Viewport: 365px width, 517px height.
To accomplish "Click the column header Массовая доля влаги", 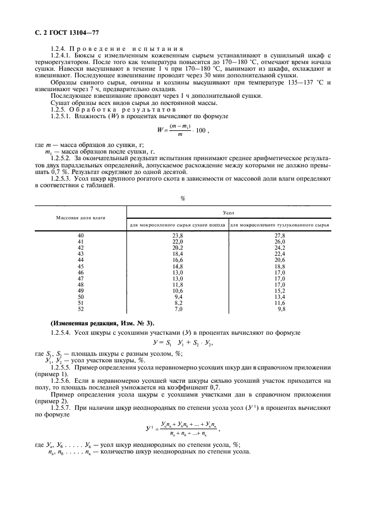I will click(81, 218).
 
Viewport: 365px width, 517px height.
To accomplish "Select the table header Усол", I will click(229, 212).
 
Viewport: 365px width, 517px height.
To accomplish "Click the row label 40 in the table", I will click(81, 235).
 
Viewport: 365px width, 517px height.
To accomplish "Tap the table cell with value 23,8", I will click(177, 235).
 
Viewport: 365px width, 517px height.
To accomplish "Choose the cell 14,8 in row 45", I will click(177, 266).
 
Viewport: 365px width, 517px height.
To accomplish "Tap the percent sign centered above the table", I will click(182, 198).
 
